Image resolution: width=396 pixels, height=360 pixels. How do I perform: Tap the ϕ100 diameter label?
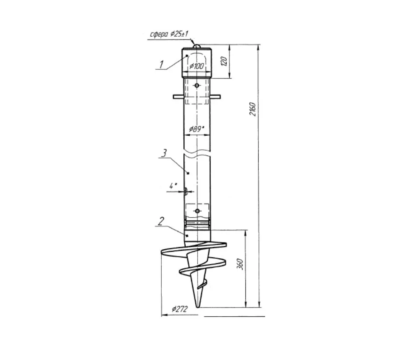click(196, 66)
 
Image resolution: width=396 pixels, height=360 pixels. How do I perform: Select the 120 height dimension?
click(224, 61)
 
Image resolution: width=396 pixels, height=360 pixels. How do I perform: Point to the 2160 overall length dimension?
click(253, 109)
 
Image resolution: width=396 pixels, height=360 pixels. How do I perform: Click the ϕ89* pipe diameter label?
click(196, 129)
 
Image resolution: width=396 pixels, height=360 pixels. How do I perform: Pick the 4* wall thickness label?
click(173, 186)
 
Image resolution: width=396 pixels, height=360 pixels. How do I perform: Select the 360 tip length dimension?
click(241, 264)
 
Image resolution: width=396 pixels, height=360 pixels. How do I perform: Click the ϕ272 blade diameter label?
click(179, 309)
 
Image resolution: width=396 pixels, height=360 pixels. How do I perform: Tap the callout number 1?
click(161, 64)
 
